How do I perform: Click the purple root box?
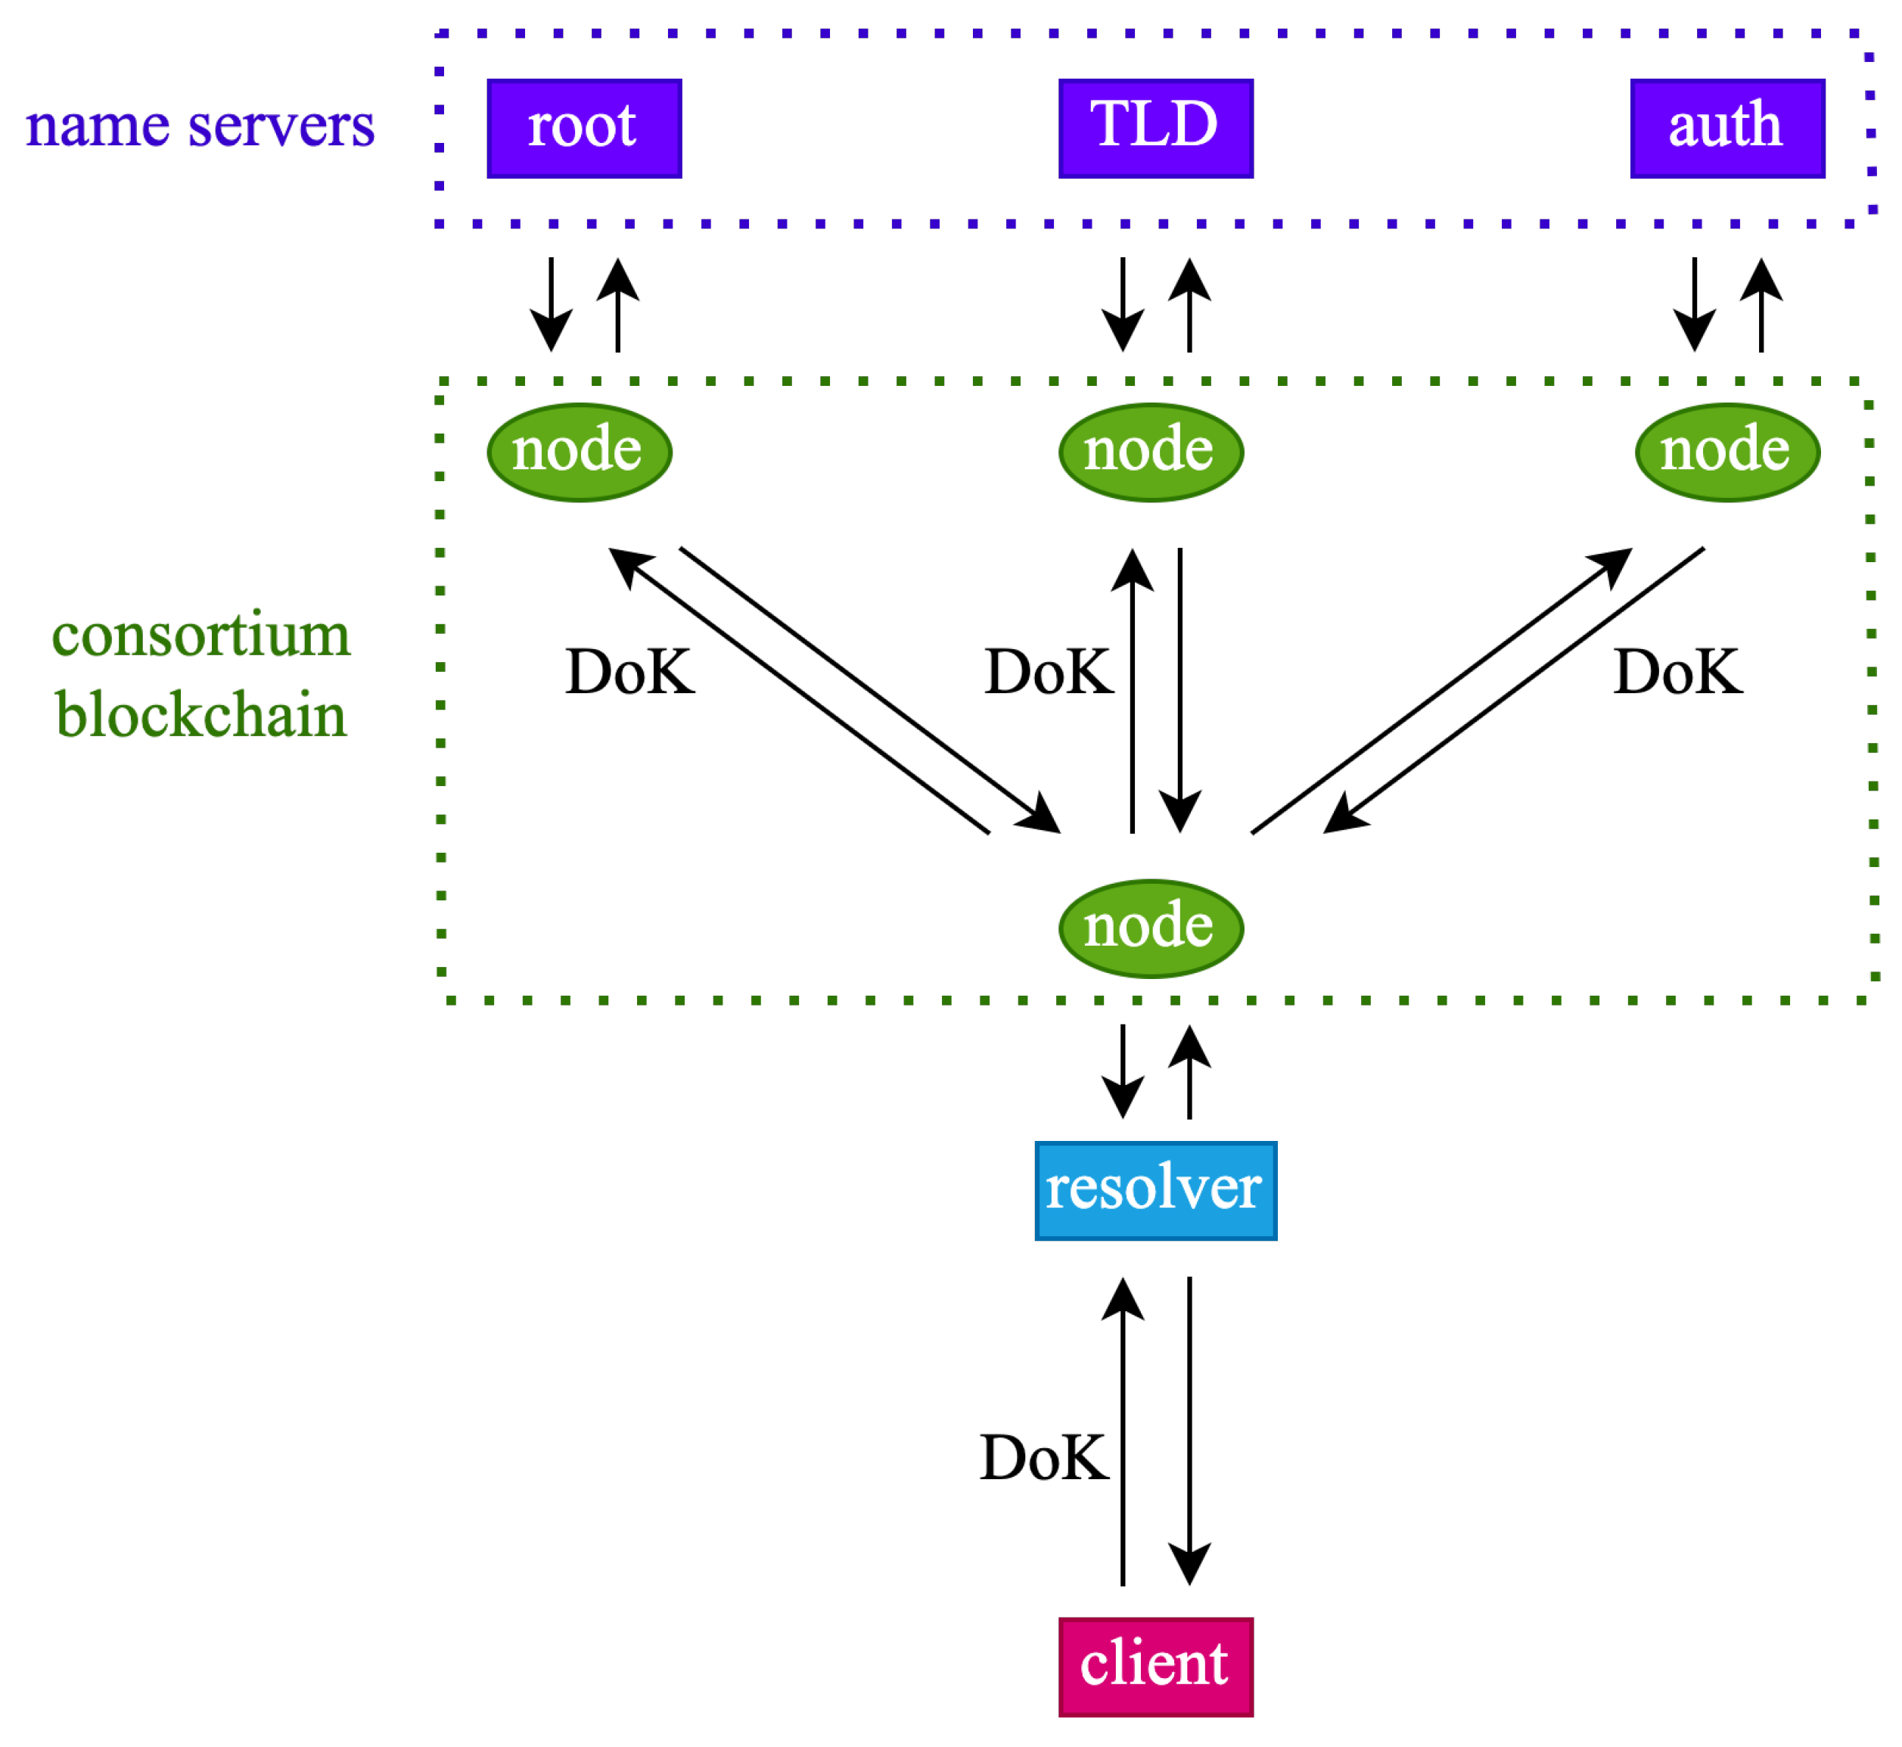tap(584, 129)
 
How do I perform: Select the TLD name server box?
tap(1156, 129)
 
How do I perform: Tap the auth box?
tap(1728, 129)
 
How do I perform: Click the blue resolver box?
tap(1156, 1191)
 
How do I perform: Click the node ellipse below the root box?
tap(580, 452)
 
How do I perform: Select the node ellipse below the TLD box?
tap(1151, 452)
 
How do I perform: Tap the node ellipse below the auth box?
tap(1728, 452)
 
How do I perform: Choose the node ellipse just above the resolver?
tap(1151, 929)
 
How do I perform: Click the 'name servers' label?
tap(200, 126)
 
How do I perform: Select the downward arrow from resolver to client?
tap(1189, 1431)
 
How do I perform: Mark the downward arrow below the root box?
tap(551, 304)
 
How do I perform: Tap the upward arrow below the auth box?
tap(1761, 304)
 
